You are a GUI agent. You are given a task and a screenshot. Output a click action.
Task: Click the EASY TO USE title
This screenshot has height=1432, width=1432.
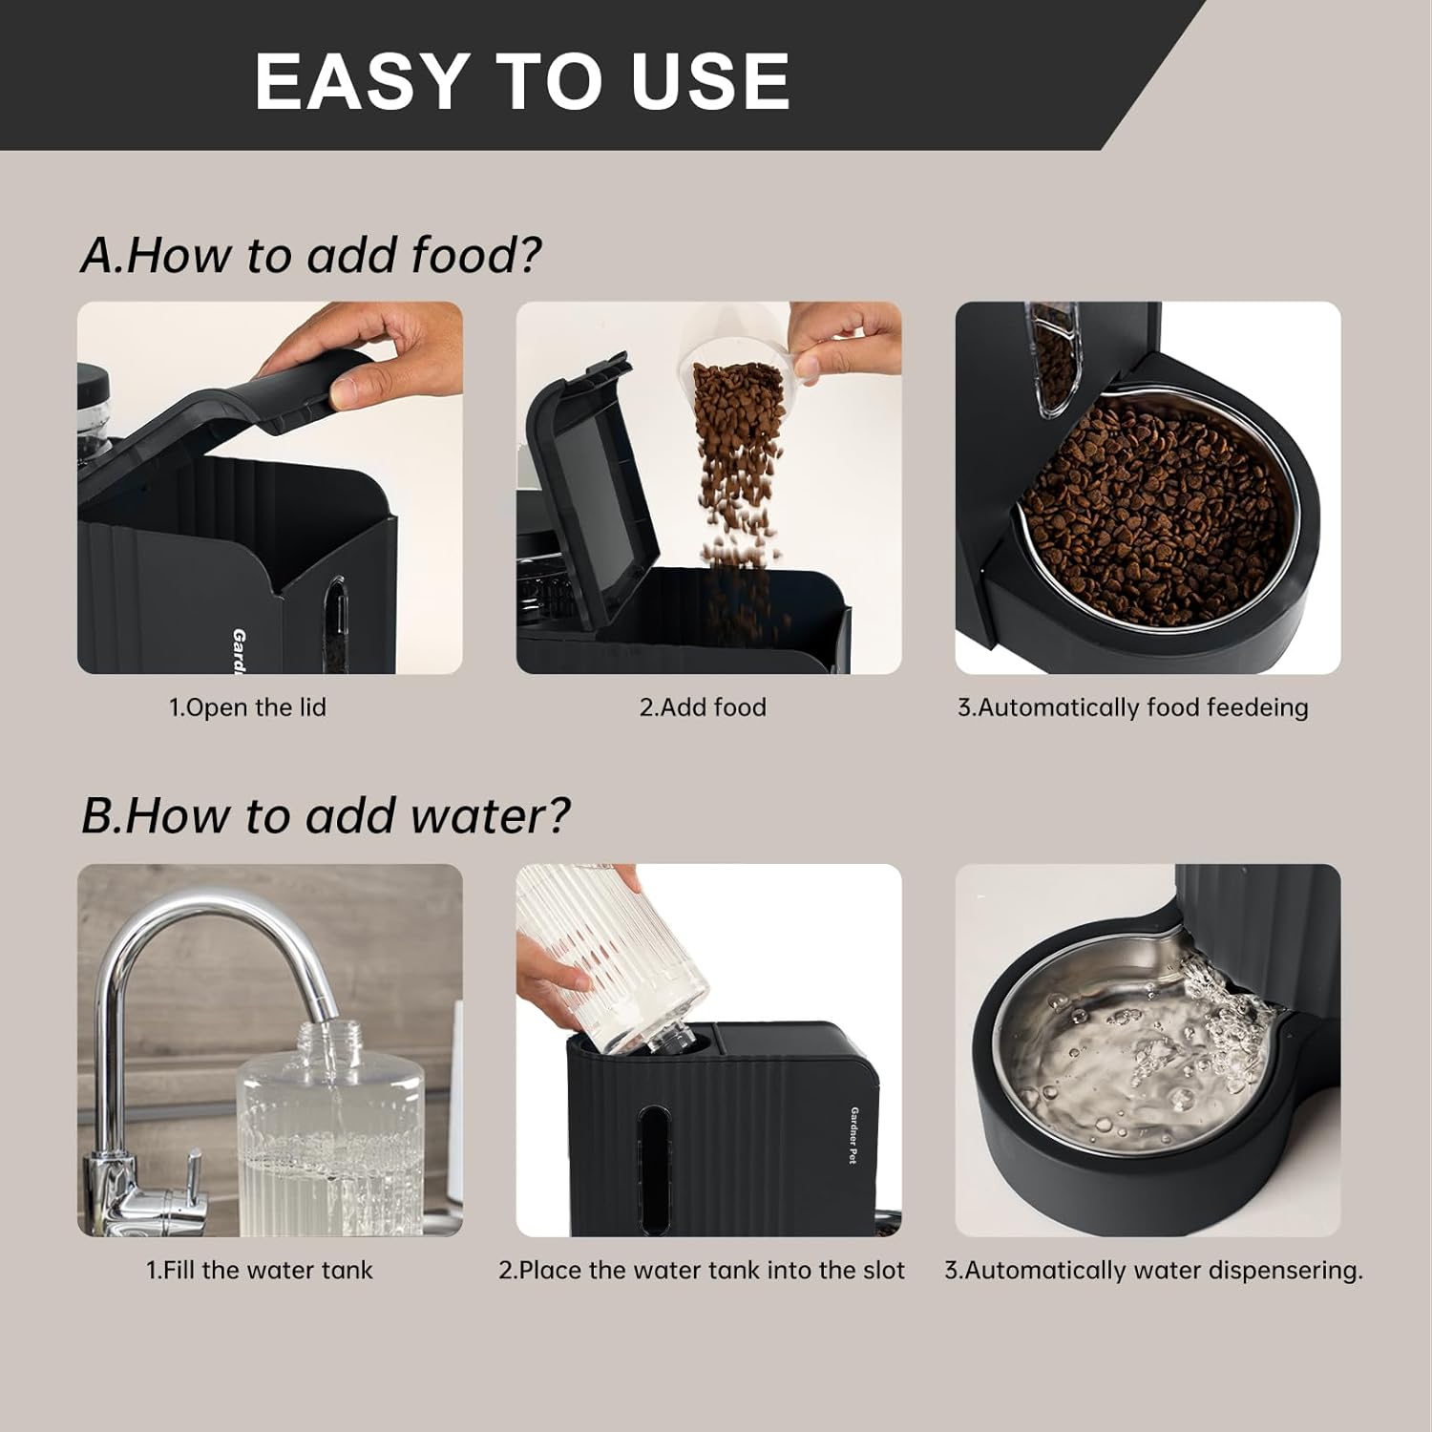[522, 80]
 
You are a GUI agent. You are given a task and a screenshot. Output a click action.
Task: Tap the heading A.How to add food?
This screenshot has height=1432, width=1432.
[310, 255]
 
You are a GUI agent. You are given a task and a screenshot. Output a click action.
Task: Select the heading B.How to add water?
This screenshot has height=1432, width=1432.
[325, 816]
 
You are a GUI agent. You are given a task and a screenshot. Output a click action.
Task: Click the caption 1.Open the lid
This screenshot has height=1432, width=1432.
[247, 707]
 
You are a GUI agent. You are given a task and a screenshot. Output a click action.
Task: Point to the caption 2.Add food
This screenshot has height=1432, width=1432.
[703, 707]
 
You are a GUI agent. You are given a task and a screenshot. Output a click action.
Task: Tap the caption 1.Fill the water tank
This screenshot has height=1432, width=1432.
[259, 1270]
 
